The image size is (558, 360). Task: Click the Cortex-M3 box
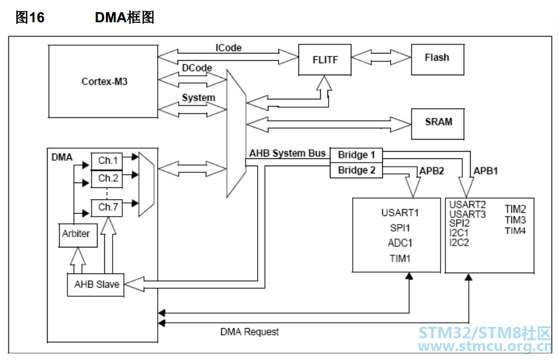(104, 81)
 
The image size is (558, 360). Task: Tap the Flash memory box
(437, 58)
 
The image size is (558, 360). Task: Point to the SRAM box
(438, 122)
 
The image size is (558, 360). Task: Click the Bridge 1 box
(356, 155)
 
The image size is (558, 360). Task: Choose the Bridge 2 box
(356, 170)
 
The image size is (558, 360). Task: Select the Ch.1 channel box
(107, 161)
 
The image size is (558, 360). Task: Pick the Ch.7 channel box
(107, 207)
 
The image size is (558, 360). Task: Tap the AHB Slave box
(96, 285)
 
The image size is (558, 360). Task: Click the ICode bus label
(228, 48)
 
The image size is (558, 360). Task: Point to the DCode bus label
(197, 68)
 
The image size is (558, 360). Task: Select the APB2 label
(432, 170)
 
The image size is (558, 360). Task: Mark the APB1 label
(486, 170)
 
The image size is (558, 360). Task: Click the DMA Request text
(249, 332)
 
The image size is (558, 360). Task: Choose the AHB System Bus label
(287, 153)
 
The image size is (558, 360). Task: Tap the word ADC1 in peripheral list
(400, 243)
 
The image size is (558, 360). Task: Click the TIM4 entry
(515, 230)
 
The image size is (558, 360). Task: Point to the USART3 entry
(467, 214)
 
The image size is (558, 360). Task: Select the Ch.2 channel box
(107, 178)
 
